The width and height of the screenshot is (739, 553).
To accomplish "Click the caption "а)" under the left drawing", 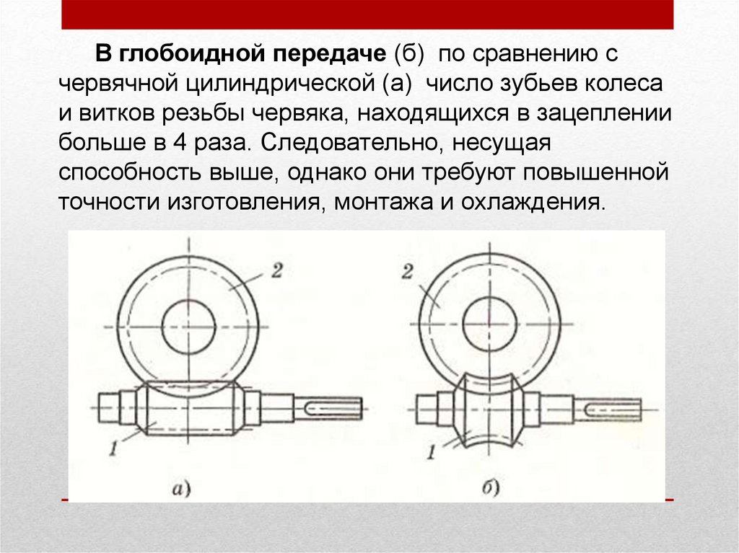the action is [180, 490].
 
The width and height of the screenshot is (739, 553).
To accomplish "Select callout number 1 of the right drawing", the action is [431, 453].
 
